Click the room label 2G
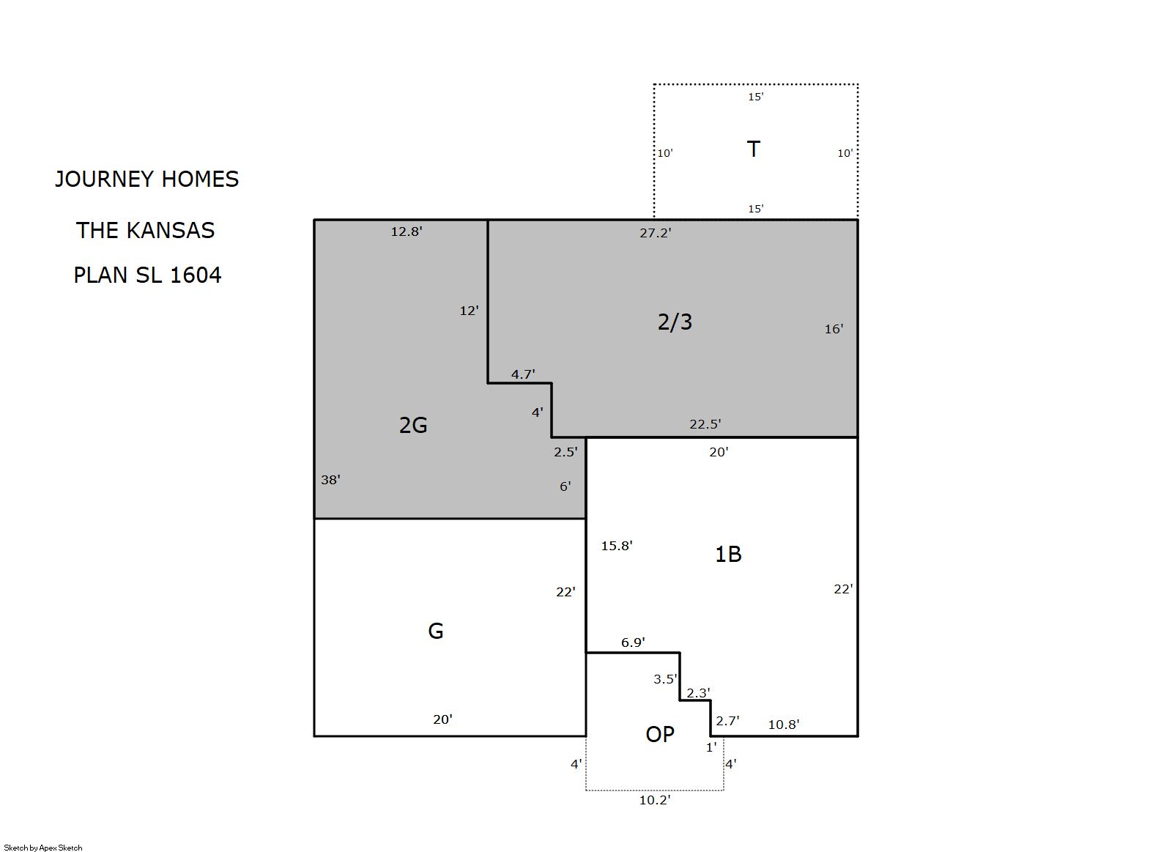click(x=413, y=426)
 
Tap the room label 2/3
click(x=675, y=322)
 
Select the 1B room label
click(x=728, y=555)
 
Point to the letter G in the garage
click(x=435, y=631)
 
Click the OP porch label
click(x=660, y=734)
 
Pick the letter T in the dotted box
click(x=754, y=149)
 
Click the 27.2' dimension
click(x=655, y=233)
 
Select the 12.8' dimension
click(x=407, y=231)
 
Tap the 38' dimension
click(x=330, y=480)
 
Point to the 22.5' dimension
click(x=705, y=424)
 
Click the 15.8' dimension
click(x=617, y=546)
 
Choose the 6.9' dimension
click(x=633, y=642)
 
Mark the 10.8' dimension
click(x=784, y=725)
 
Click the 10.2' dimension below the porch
click(x=655, y=800)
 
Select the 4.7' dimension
click(x=523, y=374)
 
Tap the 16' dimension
click(x=834, y=329)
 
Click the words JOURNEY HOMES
click(x=146, y=179)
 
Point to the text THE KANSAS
click(x=146, y=231)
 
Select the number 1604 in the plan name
click(x=196, y=275)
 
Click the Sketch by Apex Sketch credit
click(x=43, y=848)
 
